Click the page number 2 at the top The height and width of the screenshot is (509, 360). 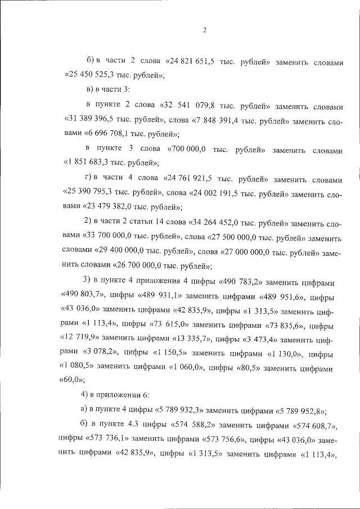[x=204, y=30]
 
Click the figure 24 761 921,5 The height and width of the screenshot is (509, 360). [x=190, y=179]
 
